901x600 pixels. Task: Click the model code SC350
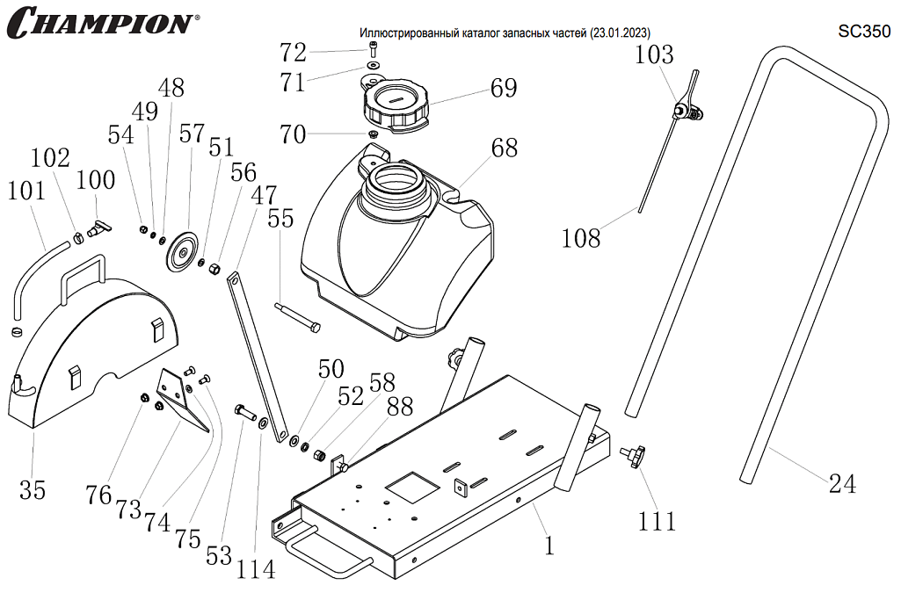[865, 32]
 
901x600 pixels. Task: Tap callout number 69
[504, 88]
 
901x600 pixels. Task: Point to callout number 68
[504, 147]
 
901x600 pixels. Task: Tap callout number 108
[581, 236]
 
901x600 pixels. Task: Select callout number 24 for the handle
[842, 482]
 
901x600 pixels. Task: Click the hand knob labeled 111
[633, 455]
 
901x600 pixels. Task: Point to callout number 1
[549, 546]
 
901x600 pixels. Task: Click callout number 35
[33, 489]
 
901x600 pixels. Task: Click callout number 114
[255, 568]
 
